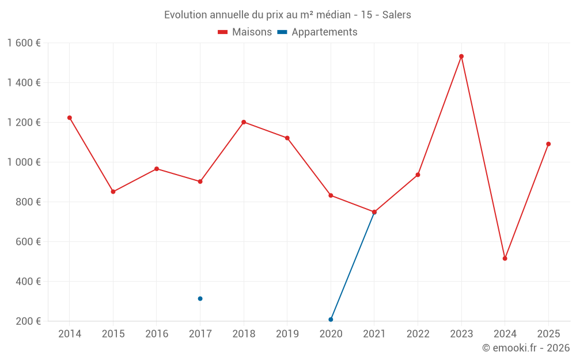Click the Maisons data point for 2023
(x=461, y=56)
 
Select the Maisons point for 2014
(x=70, y=118)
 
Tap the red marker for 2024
(x=505, y=259)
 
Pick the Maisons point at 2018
(x=244, y=122)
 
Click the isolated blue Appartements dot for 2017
(x=200, y=298)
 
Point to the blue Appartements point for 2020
(x=331, y=319)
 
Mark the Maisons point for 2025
(x=548, y=144)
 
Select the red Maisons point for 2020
(x=331, y=195)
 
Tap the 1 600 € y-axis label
(x=24, y=43)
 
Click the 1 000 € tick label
(x=24, y=162)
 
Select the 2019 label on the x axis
(x=287, y=334)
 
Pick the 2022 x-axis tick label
(x=418, y=334)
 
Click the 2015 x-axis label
(x=113, y=334)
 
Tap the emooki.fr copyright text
(x=525, y=348)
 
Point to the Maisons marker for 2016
(x=157, y=169)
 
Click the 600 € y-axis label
(x=28, y=242)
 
